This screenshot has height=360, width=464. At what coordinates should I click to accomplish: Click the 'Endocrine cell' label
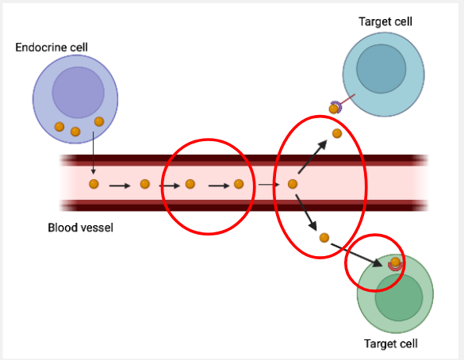click(x=51, y=48)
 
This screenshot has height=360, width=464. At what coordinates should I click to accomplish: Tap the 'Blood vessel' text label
click(x=80, y=228)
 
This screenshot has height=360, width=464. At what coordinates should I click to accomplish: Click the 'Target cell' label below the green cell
click(x=390, y=343)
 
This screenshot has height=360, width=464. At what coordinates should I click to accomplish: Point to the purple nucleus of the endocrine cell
click(x=78, y=92)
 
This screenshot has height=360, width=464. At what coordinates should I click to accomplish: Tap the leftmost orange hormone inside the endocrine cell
click(x=59, y=127)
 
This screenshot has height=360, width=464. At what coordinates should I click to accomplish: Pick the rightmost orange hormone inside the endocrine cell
click(x=99, y=121)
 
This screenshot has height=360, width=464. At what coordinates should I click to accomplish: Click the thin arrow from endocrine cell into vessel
click(x=94, y=155)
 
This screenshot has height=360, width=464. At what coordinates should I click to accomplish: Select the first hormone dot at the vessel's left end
click(x=94, y=185)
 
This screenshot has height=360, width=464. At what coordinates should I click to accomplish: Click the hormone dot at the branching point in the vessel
click(x=292, y=185)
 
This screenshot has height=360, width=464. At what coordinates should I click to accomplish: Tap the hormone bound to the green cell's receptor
click(x=395, y=262)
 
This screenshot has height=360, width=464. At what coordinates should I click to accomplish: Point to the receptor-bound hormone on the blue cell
click(x=334, y=108)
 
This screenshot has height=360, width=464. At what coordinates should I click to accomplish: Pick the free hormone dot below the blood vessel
click(x=324, y=237)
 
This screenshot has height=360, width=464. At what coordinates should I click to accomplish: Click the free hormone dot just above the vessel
click(x=336, y=133)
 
